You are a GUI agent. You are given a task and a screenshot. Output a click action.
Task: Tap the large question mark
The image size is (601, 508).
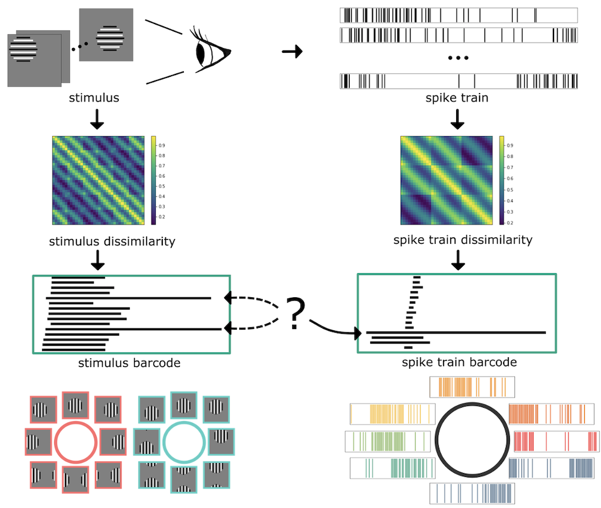pyautogui.click(x=294, y=313)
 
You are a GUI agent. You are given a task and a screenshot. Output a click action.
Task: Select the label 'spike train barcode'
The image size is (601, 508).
pyautogui.click(x=459, y=363)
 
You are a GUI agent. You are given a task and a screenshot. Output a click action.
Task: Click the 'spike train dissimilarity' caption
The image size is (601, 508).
pyautogui.click(x=462, y=240)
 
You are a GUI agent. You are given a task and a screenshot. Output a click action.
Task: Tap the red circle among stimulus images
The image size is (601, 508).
pyautogui.click(x=76, y=441)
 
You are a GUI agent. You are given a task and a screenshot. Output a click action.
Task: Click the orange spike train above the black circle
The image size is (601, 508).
pyautogui.click(x=472, y=387)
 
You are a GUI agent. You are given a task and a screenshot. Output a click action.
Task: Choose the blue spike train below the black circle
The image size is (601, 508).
pyautogui.click(x=472, y=493)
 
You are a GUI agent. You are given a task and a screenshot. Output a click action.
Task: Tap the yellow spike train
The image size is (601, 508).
pyautogui.click(x=391, y=414)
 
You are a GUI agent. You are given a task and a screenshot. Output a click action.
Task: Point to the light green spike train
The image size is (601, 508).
pyautogui.click(x=388, y=441)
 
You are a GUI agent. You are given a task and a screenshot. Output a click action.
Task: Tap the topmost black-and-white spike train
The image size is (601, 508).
pyautogui.click(x=459, y=15)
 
